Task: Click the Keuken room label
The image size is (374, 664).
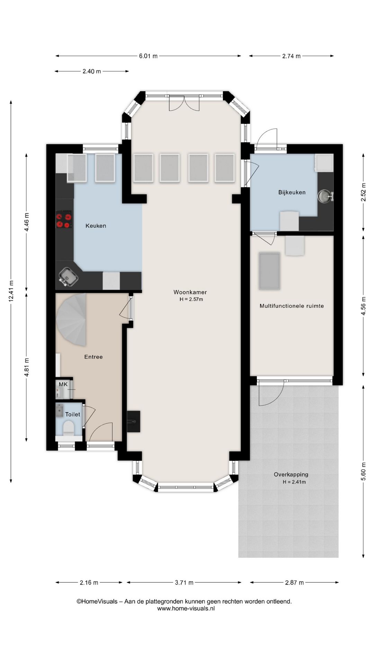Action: (x=96, y=226)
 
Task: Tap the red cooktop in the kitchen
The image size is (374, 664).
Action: (x=64, y=219)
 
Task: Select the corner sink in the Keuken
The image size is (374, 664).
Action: (x=68, y=277)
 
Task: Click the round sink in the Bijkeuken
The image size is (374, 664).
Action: (x=325, y=196)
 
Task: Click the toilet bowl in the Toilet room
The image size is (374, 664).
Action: (x=68, y=428)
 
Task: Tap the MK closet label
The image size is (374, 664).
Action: (x=63, y=384)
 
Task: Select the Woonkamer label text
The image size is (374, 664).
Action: (x=190, y=292)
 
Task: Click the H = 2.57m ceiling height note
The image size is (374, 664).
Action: (x=191, y=299)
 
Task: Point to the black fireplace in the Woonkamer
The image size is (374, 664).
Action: (x=134, y=421)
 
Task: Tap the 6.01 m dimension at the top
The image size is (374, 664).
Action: (x=148, y=56)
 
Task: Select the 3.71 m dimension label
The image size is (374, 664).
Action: (x=184, y=583)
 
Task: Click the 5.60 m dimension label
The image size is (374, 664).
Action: (x=363, y=471)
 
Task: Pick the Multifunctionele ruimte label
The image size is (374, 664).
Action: (x=292, y=306)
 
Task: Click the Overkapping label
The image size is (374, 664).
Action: (x=291, y=474)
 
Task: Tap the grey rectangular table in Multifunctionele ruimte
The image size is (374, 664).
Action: (x=269, y=271)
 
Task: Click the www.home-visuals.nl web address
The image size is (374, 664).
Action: (x=186, y=608)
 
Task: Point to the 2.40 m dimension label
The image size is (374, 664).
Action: (x=92, y=72)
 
